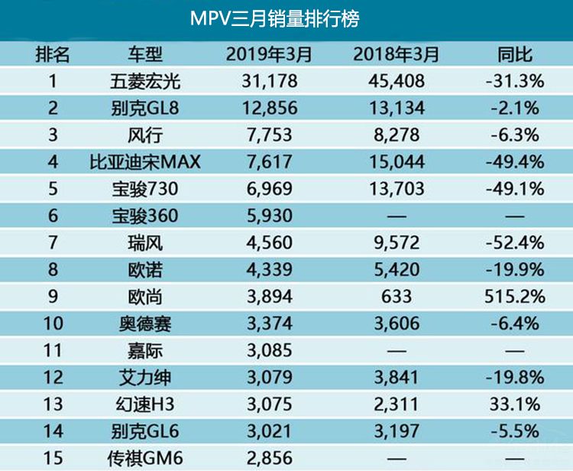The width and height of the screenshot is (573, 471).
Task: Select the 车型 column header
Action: [145, 54]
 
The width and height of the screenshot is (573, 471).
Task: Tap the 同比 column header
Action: [513, 54]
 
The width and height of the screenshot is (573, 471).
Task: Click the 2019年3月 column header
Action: [270, 54]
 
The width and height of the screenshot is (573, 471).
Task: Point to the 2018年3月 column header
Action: [397, 54]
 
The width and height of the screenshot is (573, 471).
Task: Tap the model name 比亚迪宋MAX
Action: [144, 161]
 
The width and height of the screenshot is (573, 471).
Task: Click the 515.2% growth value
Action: [513, 297]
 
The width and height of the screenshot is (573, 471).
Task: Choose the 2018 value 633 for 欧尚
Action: [397, 297]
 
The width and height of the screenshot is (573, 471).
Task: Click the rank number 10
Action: [52, 323]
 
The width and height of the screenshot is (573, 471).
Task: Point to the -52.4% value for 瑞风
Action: [513, 243]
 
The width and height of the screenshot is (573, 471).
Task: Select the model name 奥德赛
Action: [145, 323]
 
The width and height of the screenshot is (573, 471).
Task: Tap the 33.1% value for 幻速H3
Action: [513, 404]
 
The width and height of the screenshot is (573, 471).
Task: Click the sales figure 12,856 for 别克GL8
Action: [270, 108]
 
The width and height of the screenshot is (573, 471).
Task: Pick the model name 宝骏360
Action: [145, 216]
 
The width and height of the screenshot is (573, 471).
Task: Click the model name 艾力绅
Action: [145, 378]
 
